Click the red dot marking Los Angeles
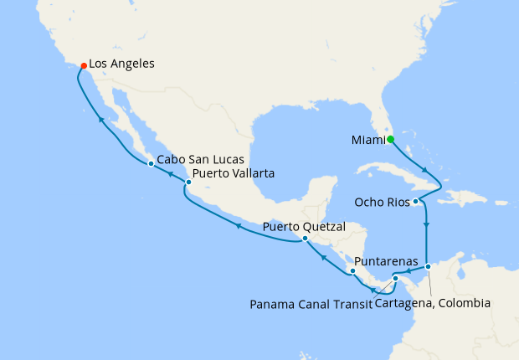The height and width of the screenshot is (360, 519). point(83,65)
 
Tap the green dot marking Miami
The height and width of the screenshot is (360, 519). point(391,139)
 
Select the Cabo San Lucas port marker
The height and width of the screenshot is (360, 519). point(150,163)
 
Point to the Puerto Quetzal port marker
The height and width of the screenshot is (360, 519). point(305,238)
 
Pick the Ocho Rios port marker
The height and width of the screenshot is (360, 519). point(416,202)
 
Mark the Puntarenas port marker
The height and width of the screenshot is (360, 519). point(352,271)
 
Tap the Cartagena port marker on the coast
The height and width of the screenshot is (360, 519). point(428,267)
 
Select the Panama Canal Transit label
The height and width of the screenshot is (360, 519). point(311,304)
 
